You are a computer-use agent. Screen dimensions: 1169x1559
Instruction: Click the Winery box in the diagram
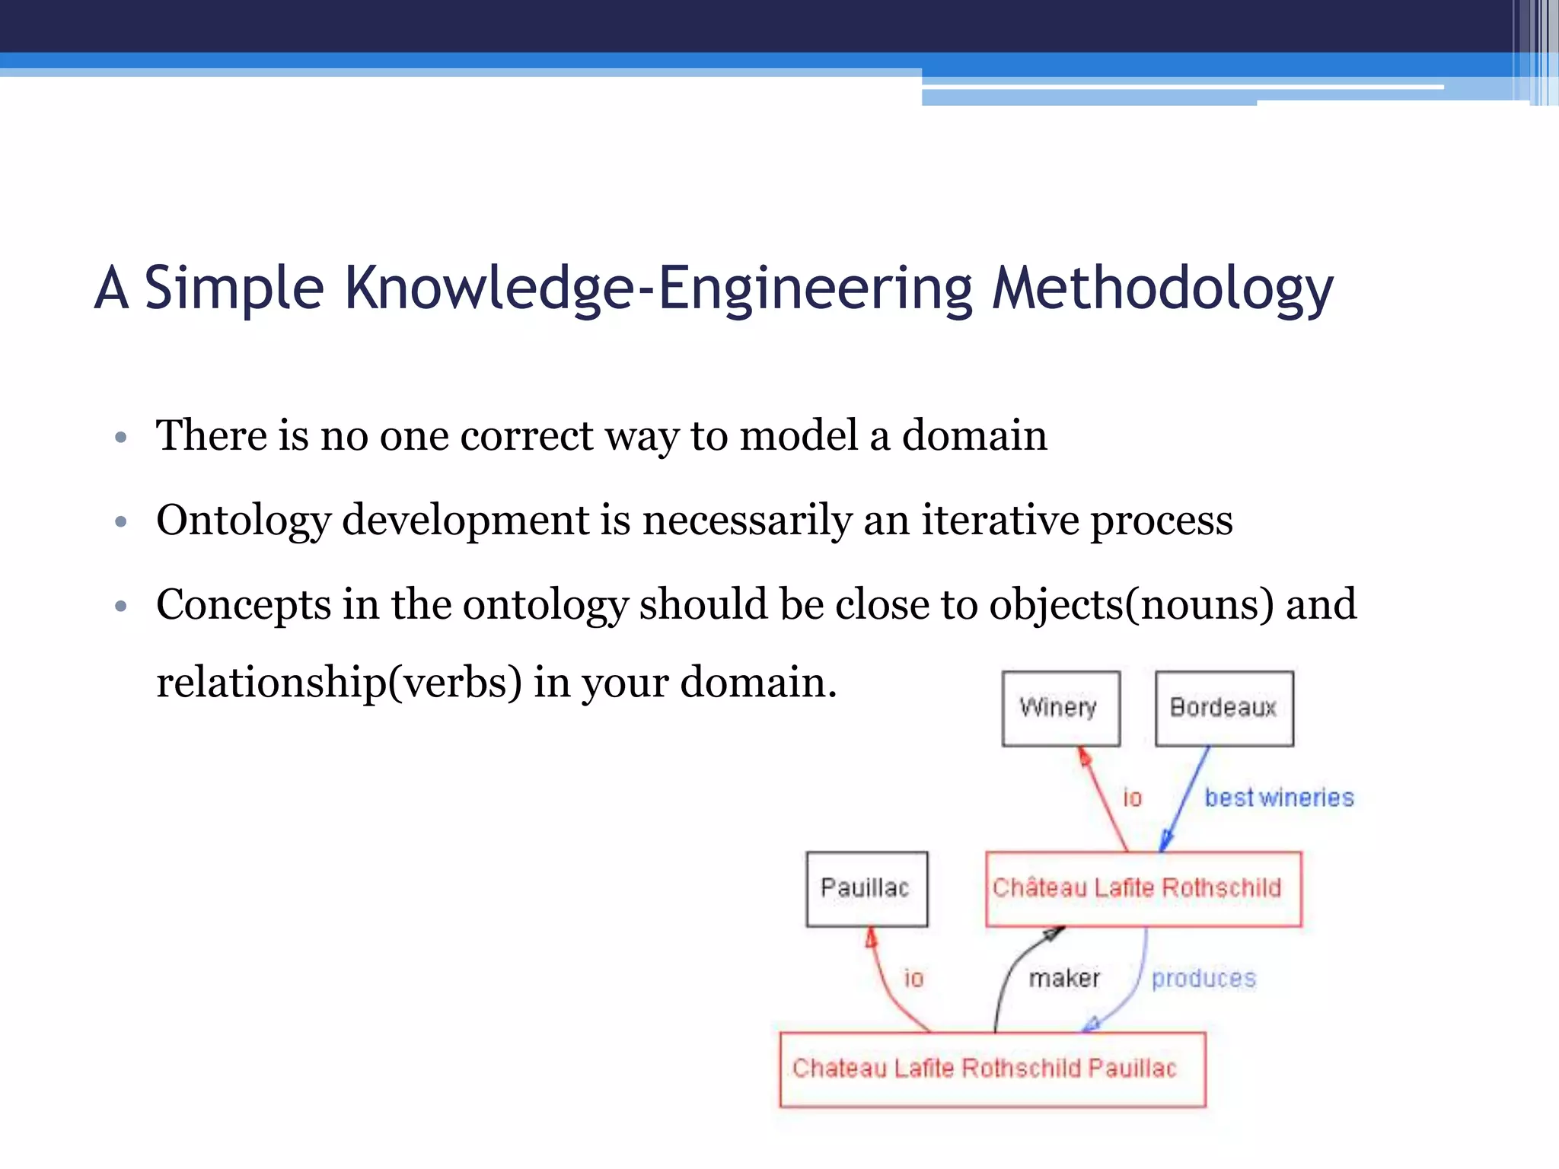(x=1060, y=708)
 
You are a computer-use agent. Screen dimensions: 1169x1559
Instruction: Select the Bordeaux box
(x=1223, y=708)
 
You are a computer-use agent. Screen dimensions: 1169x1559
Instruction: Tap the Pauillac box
(x=866, y=888)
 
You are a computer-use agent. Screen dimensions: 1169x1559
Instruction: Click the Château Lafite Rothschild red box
(x=1143, y=888)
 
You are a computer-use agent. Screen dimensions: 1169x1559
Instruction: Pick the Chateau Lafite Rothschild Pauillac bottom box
(x=992, y=1069)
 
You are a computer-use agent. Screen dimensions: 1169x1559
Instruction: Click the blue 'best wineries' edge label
(x=1279, y=798)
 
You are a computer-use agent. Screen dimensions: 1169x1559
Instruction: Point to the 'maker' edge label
(x=1064, y=978)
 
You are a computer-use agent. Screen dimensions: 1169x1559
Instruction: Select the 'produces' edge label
(x=1204, y=978)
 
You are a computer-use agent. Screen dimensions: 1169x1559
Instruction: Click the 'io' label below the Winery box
(x=1133, y=798)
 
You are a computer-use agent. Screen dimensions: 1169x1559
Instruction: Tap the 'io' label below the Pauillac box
(x=913, y=978)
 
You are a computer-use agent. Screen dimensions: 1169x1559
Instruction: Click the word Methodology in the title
(x=1162, y=289)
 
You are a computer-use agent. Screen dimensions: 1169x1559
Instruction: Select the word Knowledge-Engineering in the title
(x=658, y=289)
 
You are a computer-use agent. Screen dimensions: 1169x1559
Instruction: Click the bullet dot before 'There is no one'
(x=120, y=438)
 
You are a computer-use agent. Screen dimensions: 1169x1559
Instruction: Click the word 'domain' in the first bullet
(x=974, y=436)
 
